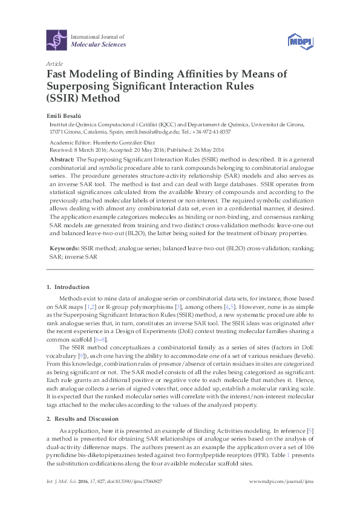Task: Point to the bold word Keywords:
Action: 65,248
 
